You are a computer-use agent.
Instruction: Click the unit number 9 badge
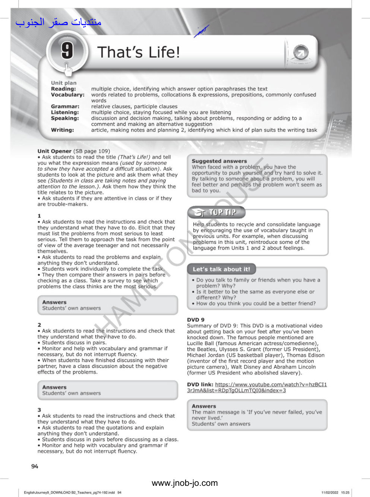tap(67, 50)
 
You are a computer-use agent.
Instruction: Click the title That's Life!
tap(139, 52)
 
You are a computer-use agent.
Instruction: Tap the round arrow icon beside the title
tap(300, 53)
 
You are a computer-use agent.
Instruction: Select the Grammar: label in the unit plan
tap(65, 107)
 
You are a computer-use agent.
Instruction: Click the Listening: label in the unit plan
tap(65, 113)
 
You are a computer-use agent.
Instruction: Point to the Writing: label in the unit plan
tap(63, 130)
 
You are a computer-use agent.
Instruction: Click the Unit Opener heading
tap(54, 151)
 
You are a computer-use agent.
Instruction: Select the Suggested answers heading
tap(219, 161)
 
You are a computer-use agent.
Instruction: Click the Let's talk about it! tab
tap(221, 269)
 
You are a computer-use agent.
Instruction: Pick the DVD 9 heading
tap(196, 320)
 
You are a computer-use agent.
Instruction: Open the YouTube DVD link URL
tap(271, 385)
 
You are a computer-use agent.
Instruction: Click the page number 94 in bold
tap(35, 466)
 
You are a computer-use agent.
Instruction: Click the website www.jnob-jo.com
tap(184, 483)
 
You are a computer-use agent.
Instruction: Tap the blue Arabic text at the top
tap(58, 22)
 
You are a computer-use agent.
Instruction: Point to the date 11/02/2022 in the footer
tap(330, 493)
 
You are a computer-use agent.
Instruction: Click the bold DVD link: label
tap(200, 385)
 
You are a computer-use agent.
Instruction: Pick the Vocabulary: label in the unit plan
tap(68, 95)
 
